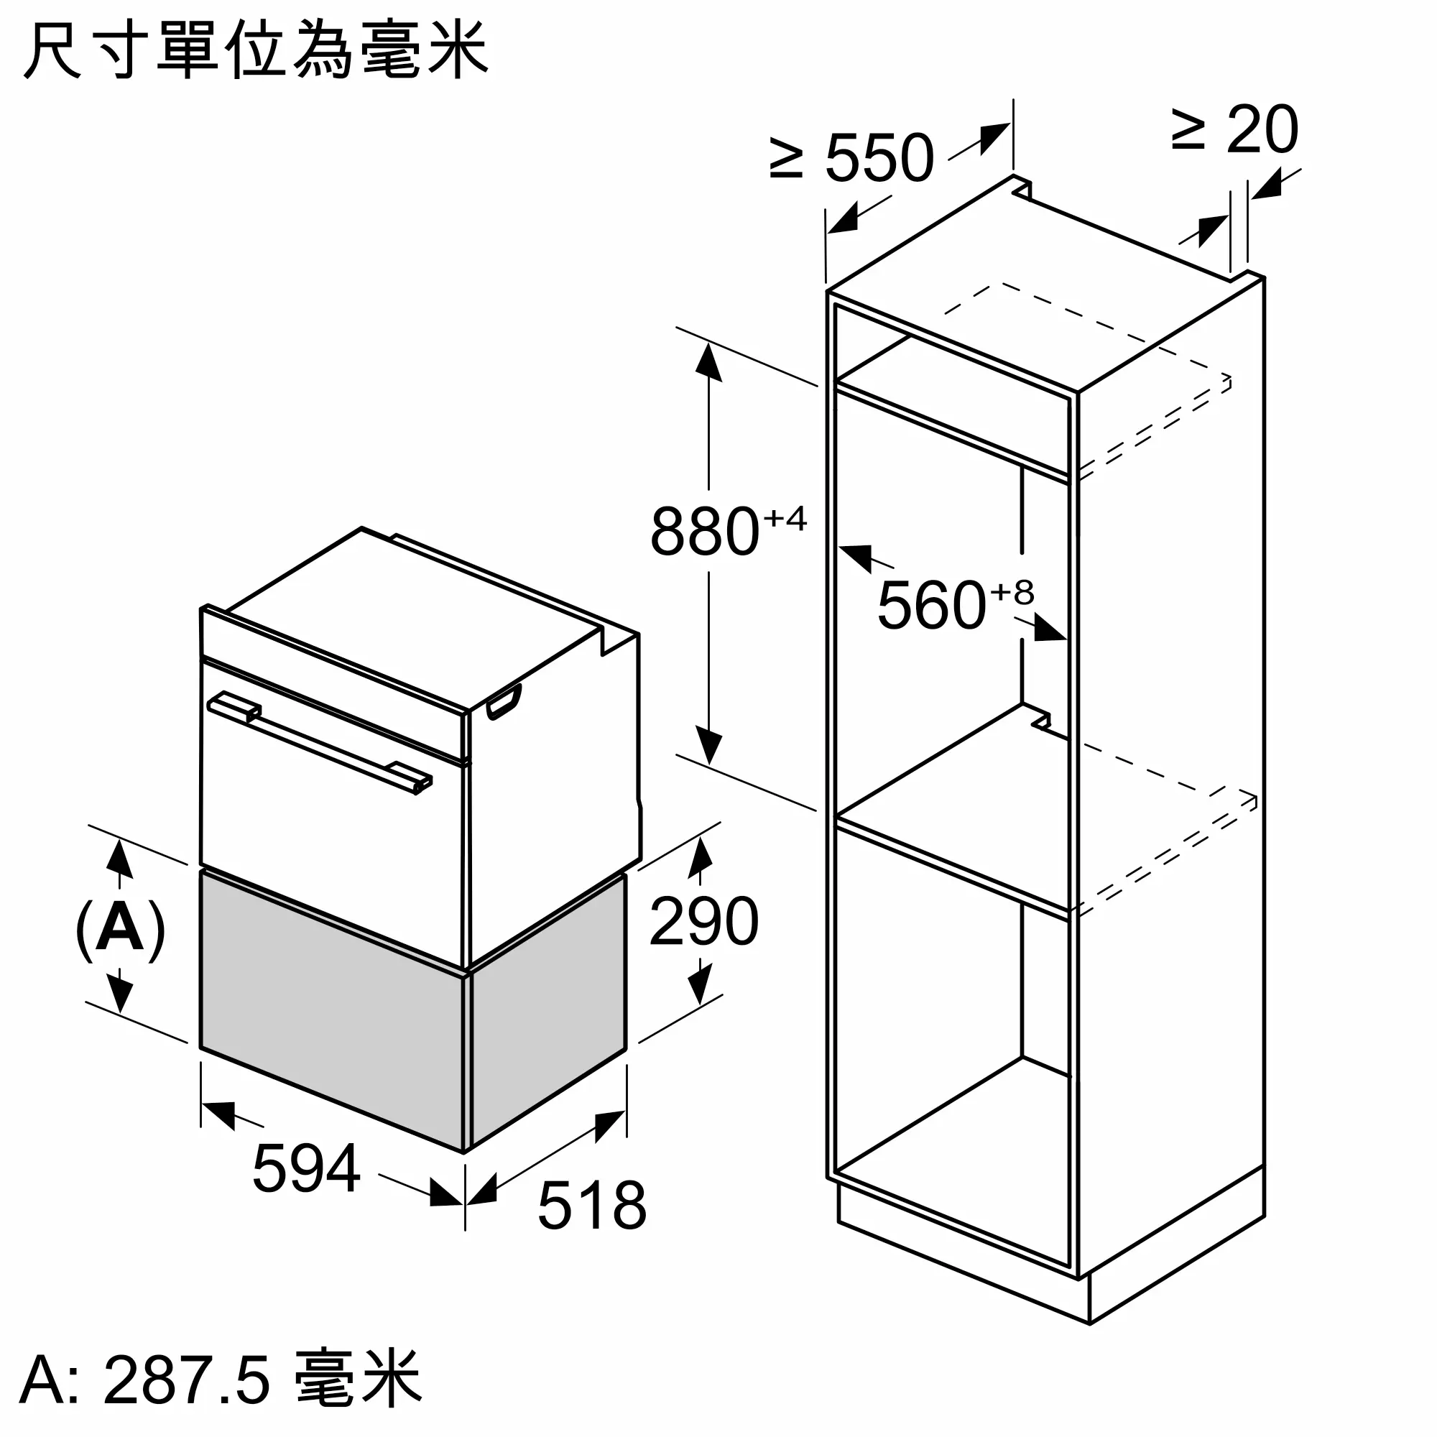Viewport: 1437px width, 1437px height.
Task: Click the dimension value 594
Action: pos(307,1168)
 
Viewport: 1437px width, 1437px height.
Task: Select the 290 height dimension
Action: pos(703,922)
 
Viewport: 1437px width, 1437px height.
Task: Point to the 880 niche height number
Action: pos(704,532)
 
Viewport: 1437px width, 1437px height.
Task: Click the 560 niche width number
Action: pos(931,606)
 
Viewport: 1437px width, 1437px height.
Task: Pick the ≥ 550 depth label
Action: pos(851,158)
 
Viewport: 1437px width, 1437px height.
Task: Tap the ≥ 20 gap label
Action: pos(1235,131)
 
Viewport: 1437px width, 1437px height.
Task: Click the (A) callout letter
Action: pos(120,930)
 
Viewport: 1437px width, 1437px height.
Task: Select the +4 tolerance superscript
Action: pos(785,519)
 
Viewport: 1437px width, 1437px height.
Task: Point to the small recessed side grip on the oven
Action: pos(504,703)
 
